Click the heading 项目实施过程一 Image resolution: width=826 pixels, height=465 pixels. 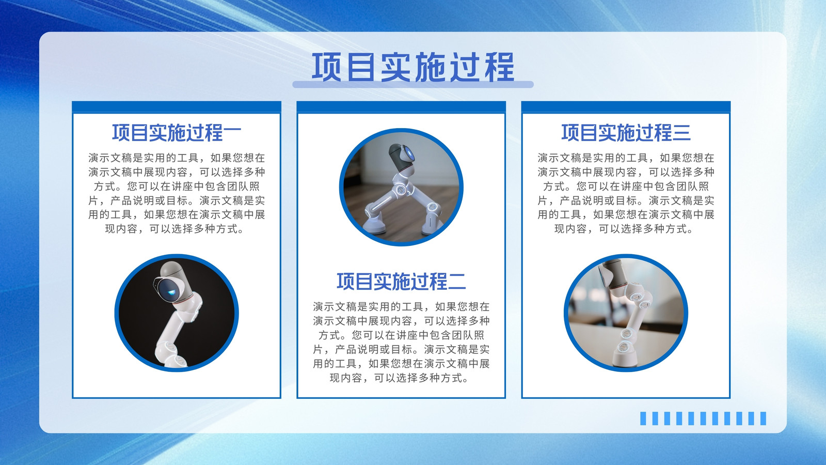(177, 133)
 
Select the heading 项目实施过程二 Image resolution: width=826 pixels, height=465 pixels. (401, 282)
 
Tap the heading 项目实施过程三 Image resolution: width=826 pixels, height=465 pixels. (626, 133)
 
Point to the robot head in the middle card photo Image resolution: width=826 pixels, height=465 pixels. (402, 157)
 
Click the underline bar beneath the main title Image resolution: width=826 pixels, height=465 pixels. (413, 85)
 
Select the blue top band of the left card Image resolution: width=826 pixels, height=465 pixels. (177, 106)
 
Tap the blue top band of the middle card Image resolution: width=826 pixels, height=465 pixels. (401, 106)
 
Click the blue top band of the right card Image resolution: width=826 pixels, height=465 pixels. (626, 106)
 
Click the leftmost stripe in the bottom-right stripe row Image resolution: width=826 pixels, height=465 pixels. (643, 419)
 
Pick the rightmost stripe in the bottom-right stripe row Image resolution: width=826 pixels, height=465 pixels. (764, 419)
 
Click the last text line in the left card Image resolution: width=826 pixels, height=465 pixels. (174, 229)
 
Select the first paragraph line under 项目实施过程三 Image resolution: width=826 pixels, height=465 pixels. (626, 158)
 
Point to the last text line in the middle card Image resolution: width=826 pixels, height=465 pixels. (399, 378)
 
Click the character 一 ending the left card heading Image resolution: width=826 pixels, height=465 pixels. (232, 133)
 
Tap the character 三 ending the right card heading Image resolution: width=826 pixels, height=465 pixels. (681, 133)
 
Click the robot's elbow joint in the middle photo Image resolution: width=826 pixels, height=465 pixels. (401, 190)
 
